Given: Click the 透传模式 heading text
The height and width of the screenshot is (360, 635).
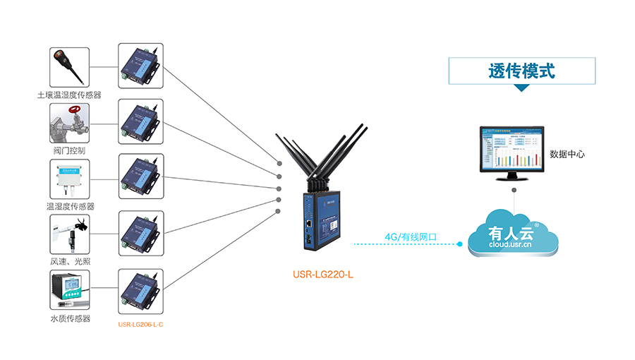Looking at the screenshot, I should click(521, 71).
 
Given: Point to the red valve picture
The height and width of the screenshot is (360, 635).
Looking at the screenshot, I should click(69, 124).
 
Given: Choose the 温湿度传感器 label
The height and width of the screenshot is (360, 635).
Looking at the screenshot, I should click(70, 206).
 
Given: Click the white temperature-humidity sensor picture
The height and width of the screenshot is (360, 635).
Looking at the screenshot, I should click(69, 179).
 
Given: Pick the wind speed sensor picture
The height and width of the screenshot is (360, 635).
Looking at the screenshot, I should click(69, 234).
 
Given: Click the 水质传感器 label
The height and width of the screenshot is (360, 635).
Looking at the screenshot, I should click(70, 318).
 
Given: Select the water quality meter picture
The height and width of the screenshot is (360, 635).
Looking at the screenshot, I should click(69, 290).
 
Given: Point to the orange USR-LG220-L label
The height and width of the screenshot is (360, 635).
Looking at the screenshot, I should click(322, 274).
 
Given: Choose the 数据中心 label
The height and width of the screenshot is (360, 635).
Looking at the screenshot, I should click(567, 154).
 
